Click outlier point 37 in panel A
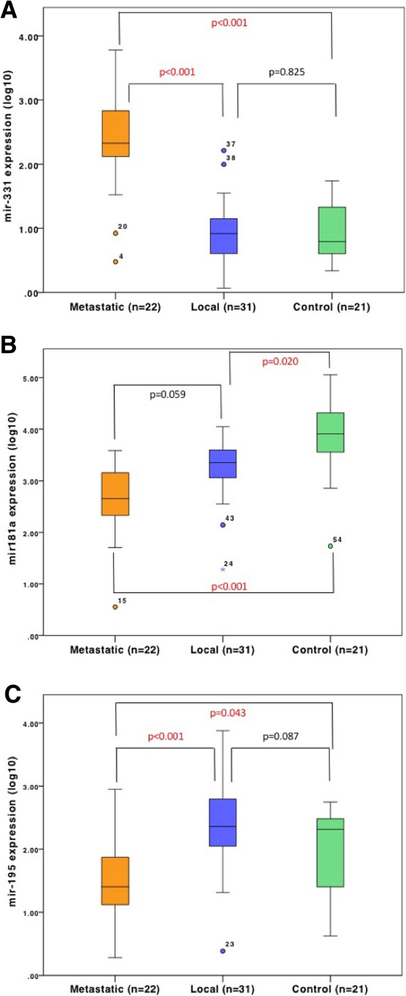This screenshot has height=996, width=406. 223,150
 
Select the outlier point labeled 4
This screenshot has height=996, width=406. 116,261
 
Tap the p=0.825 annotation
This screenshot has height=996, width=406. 287,72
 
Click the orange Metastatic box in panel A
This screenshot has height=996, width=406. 116,133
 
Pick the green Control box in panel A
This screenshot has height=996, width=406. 332,230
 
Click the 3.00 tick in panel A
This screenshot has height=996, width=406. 28,101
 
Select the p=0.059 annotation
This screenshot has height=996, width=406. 167,393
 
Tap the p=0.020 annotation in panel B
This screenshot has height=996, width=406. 280,361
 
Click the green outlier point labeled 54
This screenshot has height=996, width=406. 331,546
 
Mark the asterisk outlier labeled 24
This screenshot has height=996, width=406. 223,569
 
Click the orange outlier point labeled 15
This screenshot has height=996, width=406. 116,607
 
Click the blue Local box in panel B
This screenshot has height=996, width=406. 223,464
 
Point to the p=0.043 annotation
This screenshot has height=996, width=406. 228,713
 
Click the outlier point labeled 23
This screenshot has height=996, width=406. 223,951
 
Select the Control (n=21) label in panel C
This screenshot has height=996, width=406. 330,989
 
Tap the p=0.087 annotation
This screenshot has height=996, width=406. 280,736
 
